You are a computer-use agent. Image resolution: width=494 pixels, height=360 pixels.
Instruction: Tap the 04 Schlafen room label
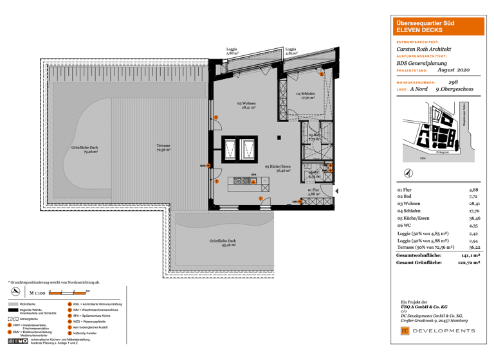click(306, 96)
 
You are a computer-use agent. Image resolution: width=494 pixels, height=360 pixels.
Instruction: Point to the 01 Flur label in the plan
click(313, 192)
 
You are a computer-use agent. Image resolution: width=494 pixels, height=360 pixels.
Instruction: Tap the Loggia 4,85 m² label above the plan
click(291, 51)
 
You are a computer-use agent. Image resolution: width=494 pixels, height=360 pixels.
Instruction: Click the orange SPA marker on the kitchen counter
click(253, 181)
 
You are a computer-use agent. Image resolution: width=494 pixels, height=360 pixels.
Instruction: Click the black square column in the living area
click(278, 137)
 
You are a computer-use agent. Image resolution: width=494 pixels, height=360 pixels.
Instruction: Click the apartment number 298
click(453, 82)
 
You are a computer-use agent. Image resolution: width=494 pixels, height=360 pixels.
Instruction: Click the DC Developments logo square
click(405, 330)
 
